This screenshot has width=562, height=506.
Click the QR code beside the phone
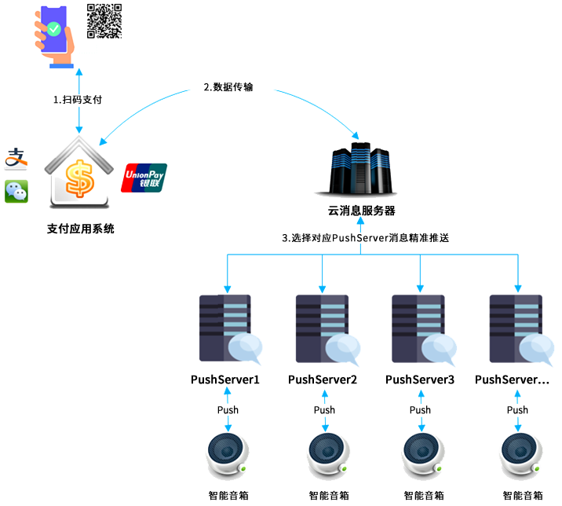pyautogui.click(x=104, y=20)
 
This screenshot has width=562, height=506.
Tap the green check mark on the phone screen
pyautogui.click(x=53, y=29)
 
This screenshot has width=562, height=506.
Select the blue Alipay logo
pyautogui.click(x=16, y=159)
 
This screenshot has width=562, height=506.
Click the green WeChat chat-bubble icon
pyautogui.click(x=16, y=191)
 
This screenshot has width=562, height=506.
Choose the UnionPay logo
pyautogui.click(x=144, y=178)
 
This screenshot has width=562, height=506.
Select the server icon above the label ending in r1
pyautogui.click(x=228, y=328)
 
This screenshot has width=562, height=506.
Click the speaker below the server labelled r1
pyautogui.click(x=228, y=456)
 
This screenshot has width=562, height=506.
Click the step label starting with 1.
pyautogui.click(x=77, y=100)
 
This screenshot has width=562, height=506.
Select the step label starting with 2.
pyautogui.click(x=228, y=88)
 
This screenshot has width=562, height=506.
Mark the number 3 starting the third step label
pyautogui.click(x=285, y=237)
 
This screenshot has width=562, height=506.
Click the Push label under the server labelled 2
pyautogui.click(x=323, y=409)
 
